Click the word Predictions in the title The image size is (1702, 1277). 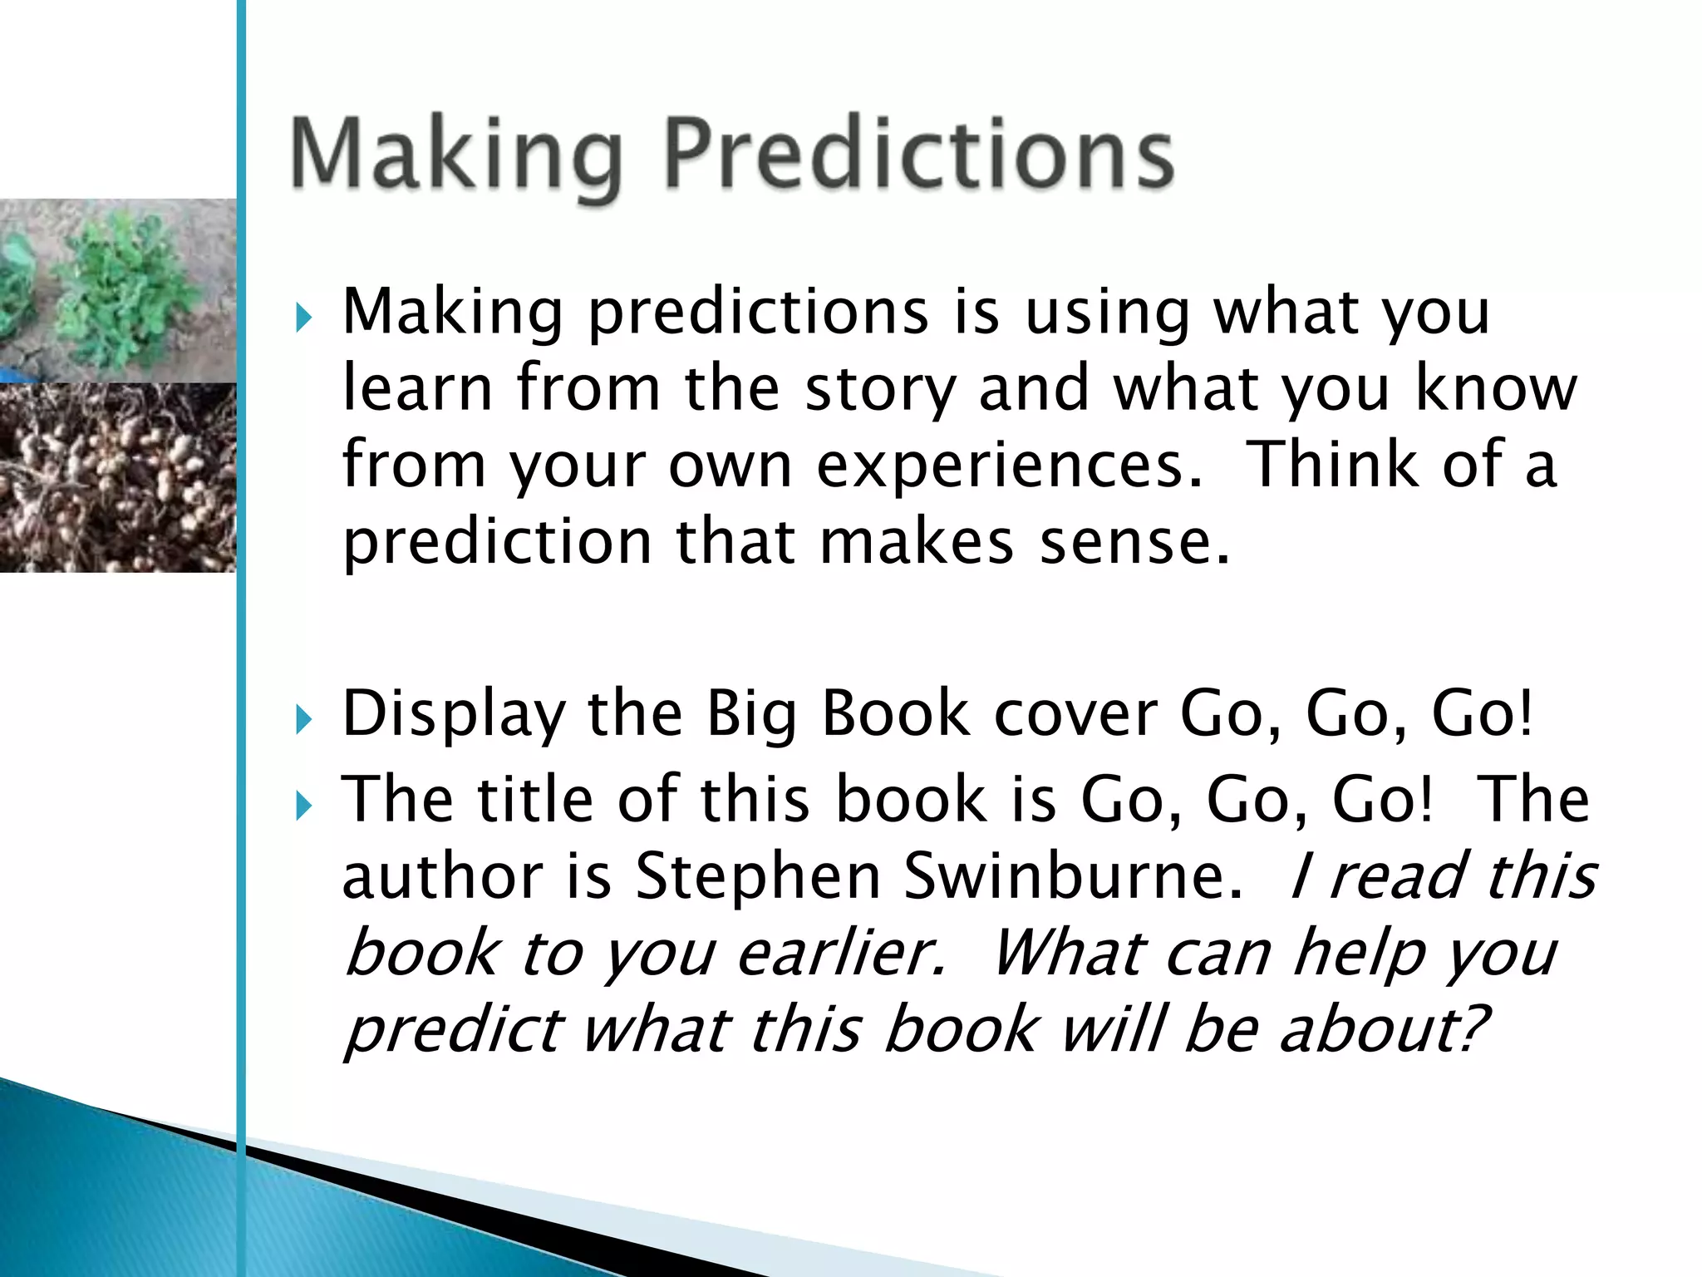click(x=918, y=154)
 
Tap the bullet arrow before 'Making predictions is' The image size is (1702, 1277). click(x=303, y=318)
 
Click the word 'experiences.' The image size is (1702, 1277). click(x=1009, y=467)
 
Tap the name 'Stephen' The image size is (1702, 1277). click(x=757, y=878)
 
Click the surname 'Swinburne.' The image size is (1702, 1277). click(x=1073, y=876)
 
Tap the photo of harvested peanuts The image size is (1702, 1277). click(x=116, y=477)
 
